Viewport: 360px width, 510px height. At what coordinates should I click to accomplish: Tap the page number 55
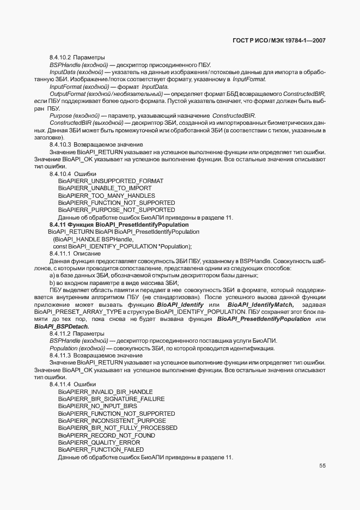[x=322, y=466]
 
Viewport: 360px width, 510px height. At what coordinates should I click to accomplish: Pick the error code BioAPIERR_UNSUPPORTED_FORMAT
[x=111, y=180]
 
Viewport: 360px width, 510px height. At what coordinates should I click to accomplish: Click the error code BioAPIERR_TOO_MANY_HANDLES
[x=106, y=195]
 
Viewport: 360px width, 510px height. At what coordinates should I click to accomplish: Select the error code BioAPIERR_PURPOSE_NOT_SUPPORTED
[x=116, y=210]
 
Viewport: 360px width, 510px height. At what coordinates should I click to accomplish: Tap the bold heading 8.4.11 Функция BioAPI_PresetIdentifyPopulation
[x=119, y=224]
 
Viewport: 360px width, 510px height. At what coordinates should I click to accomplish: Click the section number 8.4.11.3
[x=60, y=355]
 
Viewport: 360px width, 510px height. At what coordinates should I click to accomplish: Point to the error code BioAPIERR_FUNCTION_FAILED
[x=101, y=450]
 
